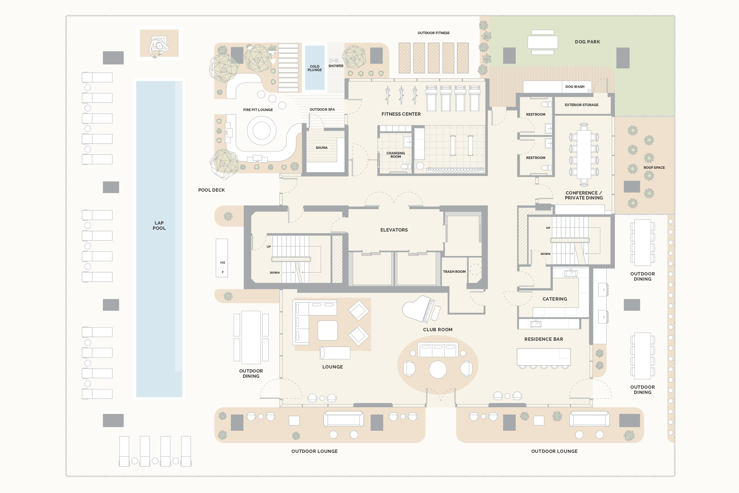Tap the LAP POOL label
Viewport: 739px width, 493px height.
point(159,225)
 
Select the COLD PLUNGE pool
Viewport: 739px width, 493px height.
point(315,68)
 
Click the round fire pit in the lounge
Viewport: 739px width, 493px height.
point(261,130)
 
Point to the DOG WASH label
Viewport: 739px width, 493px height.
point(575,87)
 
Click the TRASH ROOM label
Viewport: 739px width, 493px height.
point(454,272)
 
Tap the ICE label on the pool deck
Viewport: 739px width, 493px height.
point(223,262)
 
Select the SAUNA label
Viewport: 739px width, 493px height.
point(322,148)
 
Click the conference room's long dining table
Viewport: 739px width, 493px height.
point(584,154)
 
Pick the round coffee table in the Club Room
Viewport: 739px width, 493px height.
point(438,369)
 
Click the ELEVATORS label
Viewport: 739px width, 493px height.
point(394,230)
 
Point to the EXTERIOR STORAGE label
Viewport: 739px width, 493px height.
point(581,105)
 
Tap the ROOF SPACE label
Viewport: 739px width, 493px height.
point(654,168)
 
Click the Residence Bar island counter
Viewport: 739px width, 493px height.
point(544,357)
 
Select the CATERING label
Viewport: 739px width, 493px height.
point(555,299)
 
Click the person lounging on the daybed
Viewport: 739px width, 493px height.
point(159,47)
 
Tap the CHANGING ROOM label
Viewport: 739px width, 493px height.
point(395,155)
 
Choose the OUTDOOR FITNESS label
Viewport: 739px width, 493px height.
point(433,33)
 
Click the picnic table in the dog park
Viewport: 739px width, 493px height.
point(542,42)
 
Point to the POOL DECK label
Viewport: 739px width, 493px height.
point(211,190)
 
